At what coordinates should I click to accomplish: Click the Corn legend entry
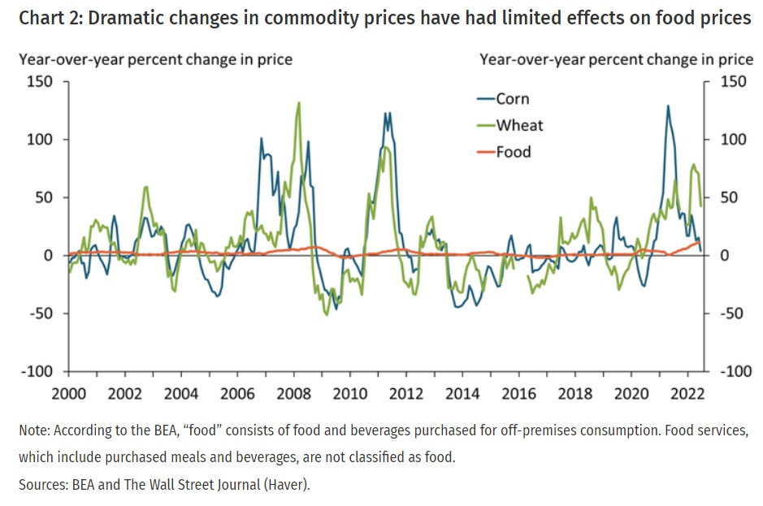tap(512, 99)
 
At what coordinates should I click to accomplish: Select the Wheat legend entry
tap(519, 125)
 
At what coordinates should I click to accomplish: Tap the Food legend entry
tap(514, 151)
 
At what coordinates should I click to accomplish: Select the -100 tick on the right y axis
tap(736, 371)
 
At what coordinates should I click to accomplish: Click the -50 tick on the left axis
tap(41, 314)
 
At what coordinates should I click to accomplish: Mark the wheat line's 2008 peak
tap(299, 103)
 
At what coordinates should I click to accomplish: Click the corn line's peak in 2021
tap(668, 106)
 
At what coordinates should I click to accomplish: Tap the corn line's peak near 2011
tap(388, 113)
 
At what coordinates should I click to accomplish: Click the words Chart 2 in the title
tap(48, 18)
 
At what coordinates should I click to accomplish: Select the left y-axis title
tap(155, 58)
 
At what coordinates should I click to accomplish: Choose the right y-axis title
tap(616, 58)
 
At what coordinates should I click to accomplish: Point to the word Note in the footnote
tap(35, 430)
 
